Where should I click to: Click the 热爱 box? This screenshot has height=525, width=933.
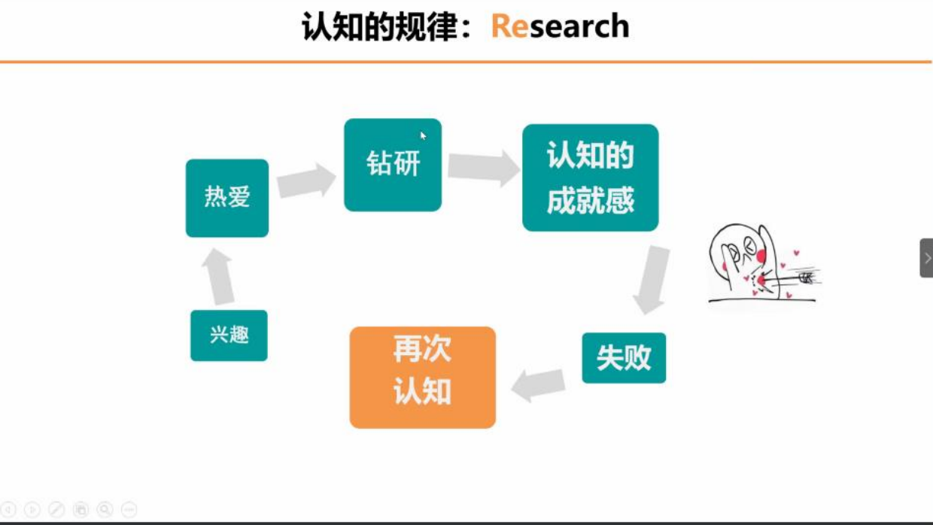pos(227,198)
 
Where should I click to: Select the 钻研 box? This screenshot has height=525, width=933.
pos(393,165)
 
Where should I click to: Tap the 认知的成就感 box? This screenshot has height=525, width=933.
pos(590,178)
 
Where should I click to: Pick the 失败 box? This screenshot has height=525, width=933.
pos(624,358)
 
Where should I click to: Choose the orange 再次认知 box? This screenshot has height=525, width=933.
pos(423,378)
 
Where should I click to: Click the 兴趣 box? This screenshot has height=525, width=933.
pos(229,335)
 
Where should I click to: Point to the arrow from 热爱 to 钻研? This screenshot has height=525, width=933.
pos(306,181)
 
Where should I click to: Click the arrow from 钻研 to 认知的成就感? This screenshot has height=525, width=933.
pos(484,168)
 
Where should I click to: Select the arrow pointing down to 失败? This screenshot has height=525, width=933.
pos(651,280)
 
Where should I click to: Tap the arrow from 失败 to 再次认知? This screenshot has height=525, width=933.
pos(538,385)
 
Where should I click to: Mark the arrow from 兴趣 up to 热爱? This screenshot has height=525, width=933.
pos(218,277)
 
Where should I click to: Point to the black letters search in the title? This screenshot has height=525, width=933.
pos(579,26)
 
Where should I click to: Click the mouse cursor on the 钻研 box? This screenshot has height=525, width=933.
pos(423,135)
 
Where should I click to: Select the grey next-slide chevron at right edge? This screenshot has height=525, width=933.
pos(927,258)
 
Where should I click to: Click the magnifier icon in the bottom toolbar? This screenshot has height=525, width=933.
pos(105,509)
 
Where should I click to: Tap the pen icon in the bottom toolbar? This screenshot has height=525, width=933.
pos(56,509)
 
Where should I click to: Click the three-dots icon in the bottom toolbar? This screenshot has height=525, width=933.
pos(129,509)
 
